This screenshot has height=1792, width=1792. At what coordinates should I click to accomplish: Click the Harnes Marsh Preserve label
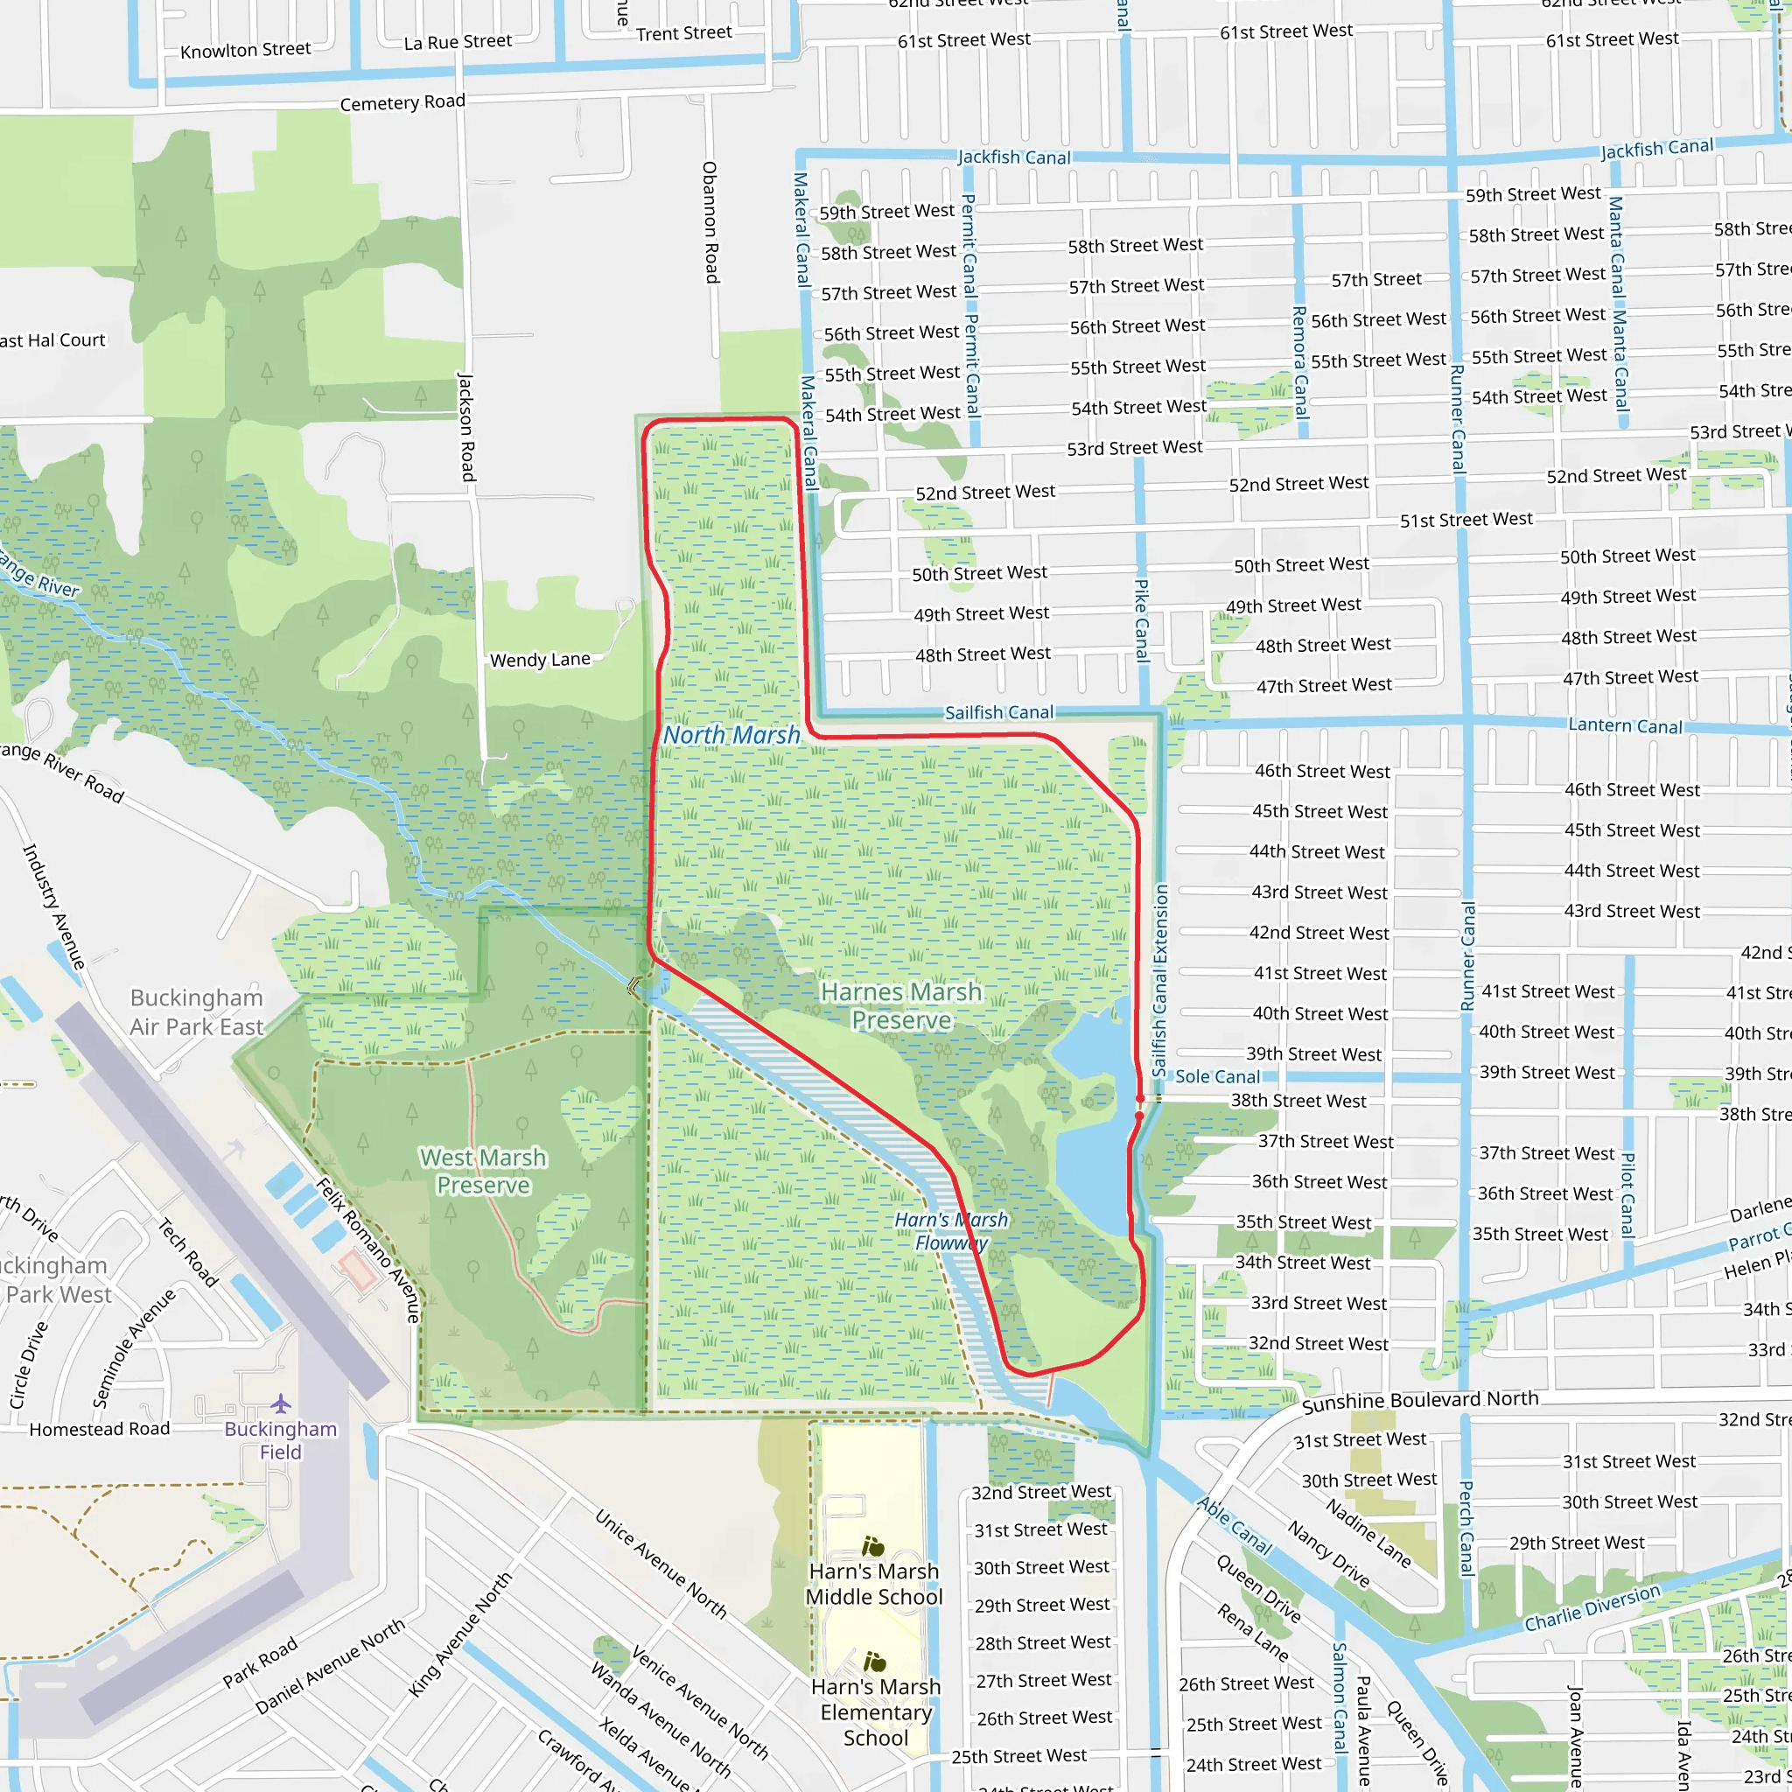click(900, 1006)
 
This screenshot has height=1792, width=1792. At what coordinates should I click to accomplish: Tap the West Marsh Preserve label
click(482, 1172)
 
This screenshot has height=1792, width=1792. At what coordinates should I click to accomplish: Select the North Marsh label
click(731, 736)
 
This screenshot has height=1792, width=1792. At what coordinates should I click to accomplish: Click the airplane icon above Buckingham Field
click(281, 1403)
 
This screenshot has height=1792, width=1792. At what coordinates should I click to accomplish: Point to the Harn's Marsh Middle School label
click(874, 1585)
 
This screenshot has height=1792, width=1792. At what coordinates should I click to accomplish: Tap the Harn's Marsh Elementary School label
click(876, 1712)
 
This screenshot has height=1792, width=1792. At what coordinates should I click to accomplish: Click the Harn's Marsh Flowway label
click(951, 1232)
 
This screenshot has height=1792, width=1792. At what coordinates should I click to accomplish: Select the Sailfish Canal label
click(999, 712)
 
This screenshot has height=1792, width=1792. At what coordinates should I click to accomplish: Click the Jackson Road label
click(466, 427)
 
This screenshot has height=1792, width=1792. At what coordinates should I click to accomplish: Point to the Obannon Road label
click(710, 222)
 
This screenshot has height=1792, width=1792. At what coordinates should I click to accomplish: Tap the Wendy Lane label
click(540, 660)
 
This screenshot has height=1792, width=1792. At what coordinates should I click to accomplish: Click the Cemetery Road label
click(402, 102)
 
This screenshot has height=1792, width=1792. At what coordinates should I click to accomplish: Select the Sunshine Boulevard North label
click(1420, 1402)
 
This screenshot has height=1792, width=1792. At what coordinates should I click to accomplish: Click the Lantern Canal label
click(1624, 725)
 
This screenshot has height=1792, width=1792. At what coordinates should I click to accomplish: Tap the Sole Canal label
click(1217, 1077)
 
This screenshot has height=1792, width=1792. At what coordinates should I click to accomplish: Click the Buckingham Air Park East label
click(197, 1012)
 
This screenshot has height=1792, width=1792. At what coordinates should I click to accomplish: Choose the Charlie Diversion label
click(1592, 1607)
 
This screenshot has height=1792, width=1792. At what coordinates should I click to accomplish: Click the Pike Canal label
click(1142, 619)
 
